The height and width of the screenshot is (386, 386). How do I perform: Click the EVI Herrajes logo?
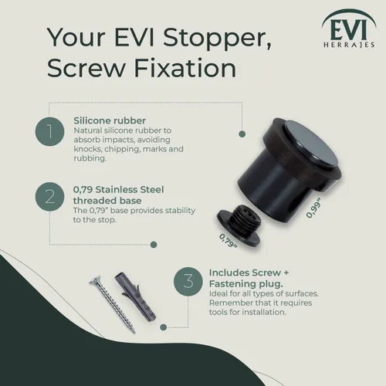pos(349,29)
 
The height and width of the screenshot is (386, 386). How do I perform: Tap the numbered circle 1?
pos(49,131)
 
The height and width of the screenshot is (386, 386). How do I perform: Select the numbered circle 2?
pos(49,197)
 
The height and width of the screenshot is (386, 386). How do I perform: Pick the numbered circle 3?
pos(188,281)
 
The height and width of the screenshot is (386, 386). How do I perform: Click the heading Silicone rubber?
pos(110,120)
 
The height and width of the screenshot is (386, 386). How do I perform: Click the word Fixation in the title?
pos(185,69)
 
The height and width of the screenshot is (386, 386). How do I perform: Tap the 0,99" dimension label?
pos(313,208)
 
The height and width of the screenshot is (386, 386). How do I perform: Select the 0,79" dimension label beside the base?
pos(228,240)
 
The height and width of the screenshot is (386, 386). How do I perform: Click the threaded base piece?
pos(239,224)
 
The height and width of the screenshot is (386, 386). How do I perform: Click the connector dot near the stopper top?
pos(242,134)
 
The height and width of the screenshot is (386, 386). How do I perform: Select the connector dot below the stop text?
pos(154,245)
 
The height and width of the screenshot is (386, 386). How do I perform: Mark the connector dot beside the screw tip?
pos(163,327)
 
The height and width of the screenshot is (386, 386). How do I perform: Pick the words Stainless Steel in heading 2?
pos(130,190)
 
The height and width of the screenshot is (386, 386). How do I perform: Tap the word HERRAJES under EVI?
pos(349,45)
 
